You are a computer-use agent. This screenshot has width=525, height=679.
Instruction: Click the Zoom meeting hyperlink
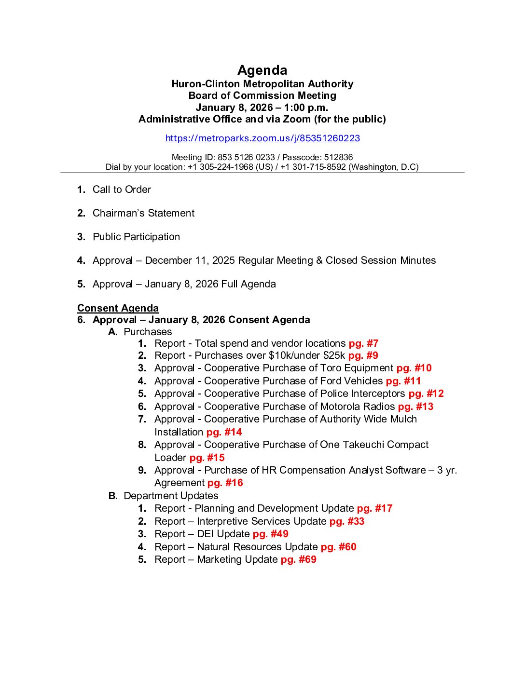point(262,138)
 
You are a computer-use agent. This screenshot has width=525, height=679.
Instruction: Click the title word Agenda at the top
point(262,70)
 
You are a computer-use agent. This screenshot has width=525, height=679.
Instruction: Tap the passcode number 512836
point(338,157)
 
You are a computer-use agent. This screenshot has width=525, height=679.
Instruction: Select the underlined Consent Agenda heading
point(118,308)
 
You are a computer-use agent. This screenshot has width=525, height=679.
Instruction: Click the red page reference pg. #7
point(363,343)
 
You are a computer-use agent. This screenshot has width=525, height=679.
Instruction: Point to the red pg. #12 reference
point(426,394)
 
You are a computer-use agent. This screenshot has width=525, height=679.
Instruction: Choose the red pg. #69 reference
point(299,559)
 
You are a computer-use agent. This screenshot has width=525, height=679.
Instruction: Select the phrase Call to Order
point(122,190)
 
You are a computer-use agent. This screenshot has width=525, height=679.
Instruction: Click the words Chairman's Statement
point(143,213)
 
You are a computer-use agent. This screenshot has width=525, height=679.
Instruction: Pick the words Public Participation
point(136,237)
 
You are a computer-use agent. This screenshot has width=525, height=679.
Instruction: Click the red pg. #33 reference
point(347,521)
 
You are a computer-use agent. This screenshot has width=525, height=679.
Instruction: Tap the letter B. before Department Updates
point(113,496)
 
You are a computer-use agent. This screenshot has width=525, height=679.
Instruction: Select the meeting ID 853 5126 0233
point(246,157)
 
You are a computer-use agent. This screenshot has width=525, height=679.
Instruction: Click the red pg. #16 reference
point(225,483)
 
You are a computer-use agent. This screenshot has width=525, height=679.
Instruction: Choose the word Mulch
point(404,419)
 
